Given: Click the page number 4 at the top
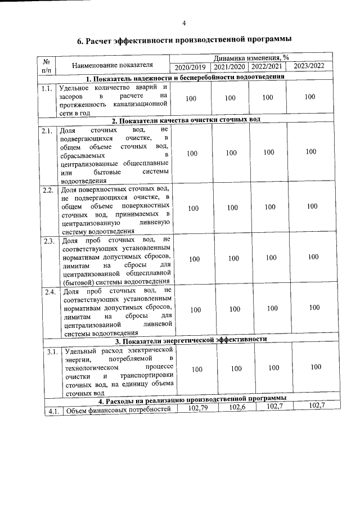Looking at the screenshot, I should (184, 24).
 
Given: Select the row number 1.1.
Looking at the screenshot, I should (47, 88).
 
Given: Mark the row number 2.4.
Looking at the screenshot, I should (49, 292).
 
